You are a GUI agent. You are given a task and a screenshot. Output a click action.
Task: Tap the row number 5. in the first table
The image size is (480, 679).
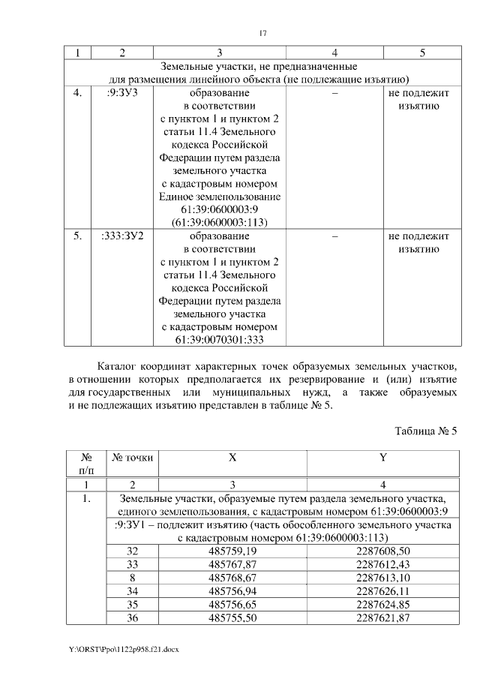[x=77, y=236]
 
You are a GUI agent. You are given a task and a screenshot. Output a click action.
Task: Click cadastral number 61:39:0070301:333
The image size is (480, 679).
[x=220, y=340]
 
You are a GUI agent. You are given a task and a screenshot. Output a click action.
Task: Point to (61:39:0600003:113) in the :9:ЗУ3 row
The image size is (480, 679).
[x=220, y=222]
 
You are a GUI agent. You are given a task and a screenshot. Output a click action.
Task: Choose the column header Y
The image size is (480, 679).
[x=382, y=457]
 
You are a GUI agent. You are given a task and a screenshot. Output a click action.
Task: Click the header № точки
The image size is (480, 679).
[x=132, y=457]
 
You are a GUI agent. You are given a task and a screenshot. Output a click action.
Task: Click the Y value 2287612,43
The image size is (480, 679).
[x=382, y=563]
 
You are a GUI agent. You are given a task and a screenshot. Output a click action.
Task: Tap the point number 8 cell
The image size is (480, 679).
[x=132, y=577]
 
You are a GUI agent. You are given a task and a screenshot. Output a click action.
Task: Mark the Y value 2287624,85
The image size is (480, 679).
[x=382, y=603]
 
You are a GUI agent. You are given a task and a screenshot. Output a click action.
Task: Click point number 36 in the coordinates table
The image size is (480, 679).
[x=132, y=617]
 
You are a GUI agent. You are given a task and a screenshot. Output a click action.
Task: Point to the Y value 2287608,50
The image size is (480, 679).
[x=382, y=551]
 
